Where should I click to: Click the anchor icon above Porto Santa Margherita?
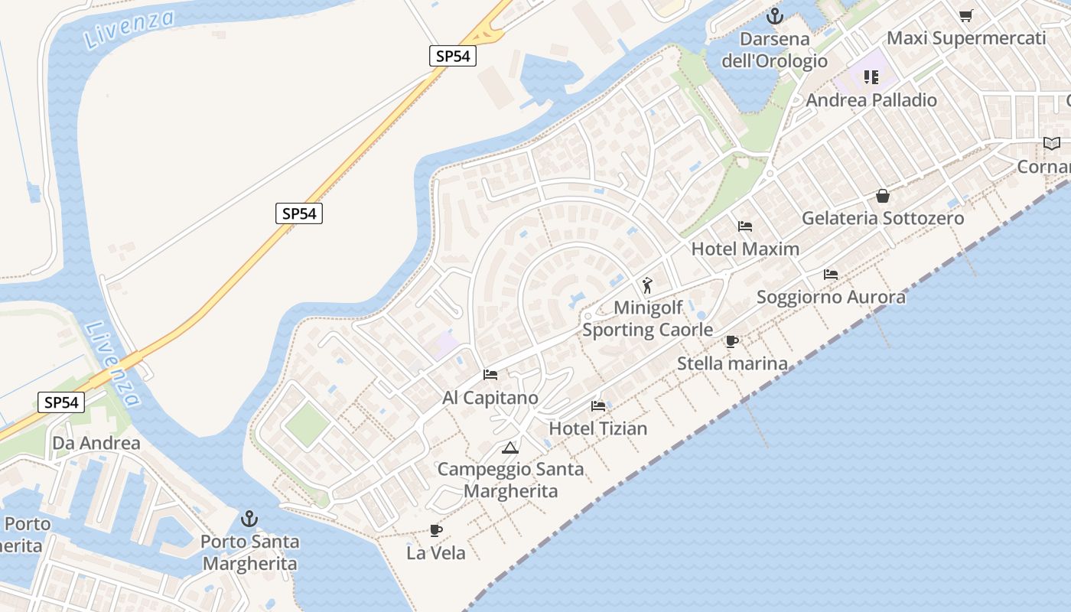pyautogui.click(x=249, y=519)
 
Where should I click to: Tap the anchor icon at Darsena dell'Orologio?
pyautogui.click(x=775, y=15)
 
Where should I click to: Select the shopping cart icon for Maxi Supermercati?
pyautogui.click(x=966, y=15)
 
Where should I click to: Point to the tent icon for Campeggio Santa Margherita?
pyautogui.click(x=510, y=448)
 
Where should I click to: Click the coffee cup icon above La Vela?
pyautogui.click(x=436, y=530)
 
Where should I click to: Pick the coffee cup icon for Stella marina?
pyautogui.click(x=732, y=341)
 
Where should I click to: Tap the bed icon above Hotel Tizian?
pyautogui.click(x=598, y=406)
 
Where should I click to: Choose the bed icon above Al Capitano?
pyautogui.click(x=490, y=375)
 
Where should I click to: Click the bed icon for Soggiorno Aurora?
pyautogui.click(x=831, y=275)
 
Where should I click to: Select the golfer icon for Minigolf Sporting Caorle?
pyautogui.click(x=648, y=286)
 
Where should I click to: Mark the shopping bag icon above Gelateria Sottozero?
pyautogui.click(x=883, y=196)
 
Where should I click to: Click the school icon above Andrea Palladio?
pyautogui.click(x=871, y=77)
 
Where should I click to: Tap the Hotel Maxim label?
pyautogui.click(x=745, y=249)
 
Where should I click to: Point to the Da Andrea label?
pyautogui.click(x=96, y=443)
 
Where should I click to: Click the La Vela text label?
pyautogui.click(x=436, y=552)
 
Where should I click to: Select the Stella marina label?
pyautogui.click(x=732, y=363)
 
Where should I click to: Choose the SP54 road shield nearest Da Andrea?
pyautogui.click(x=61, y=402)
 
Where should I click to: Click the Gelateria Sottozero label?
pyautogui.click(x=883, y=218)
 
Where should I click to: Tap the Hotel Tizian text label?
pyautogui.click(x=598, y=428)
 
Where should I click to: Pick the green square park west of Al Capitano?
pyautogui.click(x=308, y=425)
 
